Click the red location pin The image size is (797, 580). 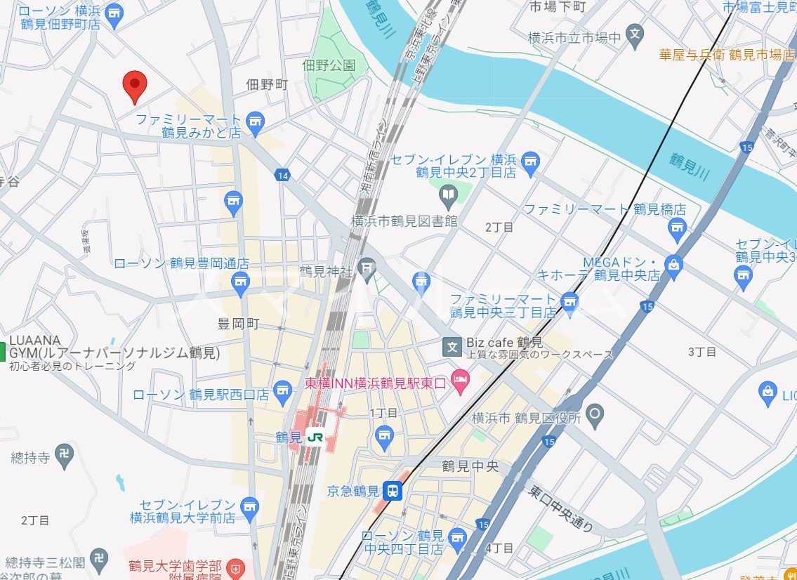[x=134, y=86]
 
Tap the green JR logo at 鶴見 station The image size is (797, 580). [x=315, y=437]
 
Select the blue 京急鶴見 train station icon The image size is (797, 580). [x=395, y=490]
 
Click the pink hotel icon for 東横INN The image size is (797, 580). [x=460, y=381]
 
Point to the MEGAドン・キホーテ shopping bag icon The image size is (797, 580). [x=673, y=266]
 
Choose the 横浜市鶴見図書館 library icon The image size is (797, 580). [x=447, y=193]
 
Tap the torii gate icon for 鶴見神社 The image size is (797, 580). [x=366, y=267]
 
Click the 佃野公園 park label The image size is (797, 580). [x=329, y=65]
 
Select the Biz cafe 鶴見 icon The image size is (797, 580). [x=452, y=346]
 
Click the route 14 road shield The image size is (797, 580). [x=282, y=176]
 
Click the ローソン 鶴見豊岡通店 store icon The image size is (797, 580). [x=241, y=282]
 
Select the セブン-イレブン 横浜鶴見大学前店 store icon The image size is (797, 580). [x=249, y=506]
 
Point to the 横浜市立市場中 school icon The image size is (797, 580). [x=635, y=33]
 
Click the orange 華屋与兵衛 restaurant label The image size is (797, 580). [x=726, y=54]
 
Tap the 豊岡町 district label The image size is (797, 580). [x=239, y=324]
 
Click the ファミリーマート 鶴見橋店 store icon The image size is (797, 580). [x=677, y=227]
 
